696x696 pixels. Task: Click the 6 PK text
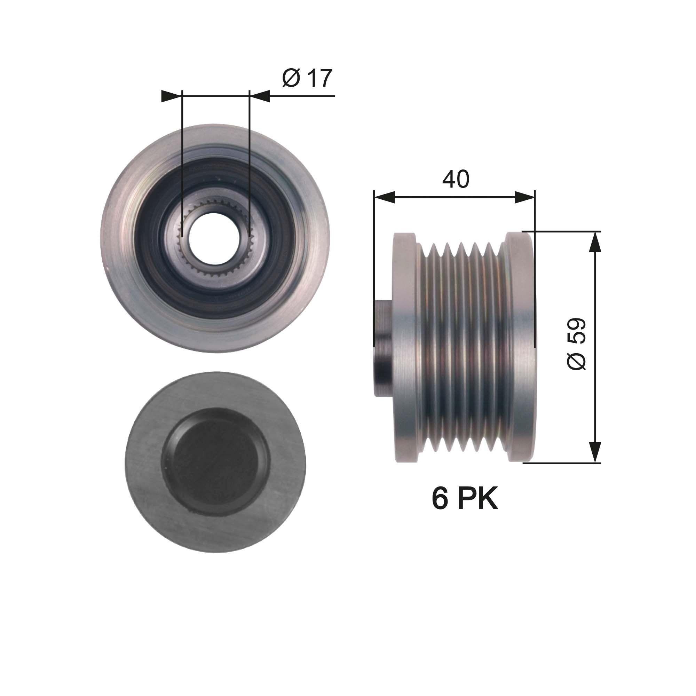(x=465, y=499)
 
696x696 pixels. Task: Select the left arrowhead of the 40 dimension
(x=385, y=197)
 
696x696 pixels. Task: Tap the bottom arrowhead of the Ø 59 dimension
(x=595, y=452)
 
